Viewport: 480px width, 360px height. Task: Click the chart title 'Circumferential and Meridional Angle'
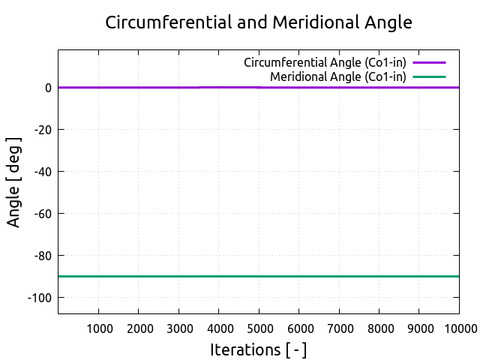coord(259,22)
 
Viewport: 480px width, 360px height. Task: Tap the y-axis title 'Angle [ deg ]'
coord(14,182)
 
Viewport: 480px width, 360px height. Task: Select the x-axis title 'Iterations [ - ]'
coord(259,349)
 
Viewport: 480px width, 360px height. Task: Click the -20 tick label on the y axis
coord(42,130)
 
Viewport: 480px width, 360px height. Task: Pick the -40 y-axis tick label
coord(42,172)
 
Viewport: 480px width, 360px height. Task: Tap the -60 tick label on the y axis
coord(42,214)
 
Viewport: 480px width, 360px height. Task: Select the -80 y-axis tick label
coord(42,256)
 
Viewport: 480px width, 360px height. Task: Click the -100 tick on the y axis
coord(39,298)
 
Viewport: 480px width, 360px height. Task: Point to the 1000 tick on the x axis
coord(99,328)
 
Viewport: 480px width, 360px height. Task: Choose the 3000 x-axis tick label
coord(178,328)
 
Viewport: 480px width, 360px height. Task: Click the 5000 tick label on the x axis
coord(259,328)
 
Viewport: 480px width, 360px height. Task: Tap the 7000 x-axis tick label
coord(339,328)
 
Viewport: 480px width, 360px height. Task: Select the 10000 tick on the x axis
coord(457,328)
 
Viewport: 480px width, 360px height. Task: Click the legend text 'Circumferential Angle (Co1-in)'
coord(325,62)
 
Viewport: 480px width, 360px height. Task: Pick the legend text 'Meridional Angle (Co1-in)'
coord(338,76)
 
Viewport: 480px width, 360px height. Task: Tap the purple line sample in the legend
coord(429,62)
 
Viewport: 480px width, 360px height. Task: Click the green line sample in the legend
coord(429,76)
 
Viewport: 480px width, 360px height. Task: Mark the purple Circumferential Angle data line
coord(150,88)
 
